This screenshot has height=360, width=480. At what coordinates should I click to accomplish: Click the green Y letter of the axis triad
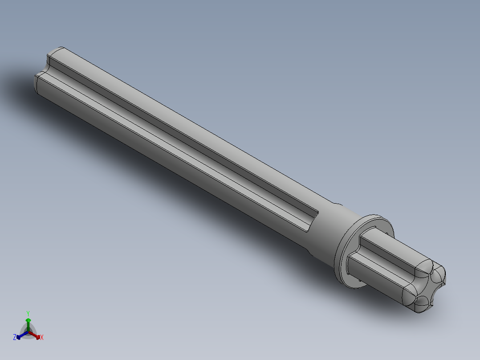[x=28, y=313]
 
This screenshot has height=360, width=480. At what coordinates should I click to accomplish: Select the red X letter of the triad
[x=42, y=338]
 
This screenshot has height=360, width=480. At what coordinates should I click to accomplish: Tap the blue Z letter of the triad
[x=15, y=338]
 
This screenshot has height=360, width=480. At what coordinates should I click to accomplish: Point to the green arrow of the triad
[x=28, y=322]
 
